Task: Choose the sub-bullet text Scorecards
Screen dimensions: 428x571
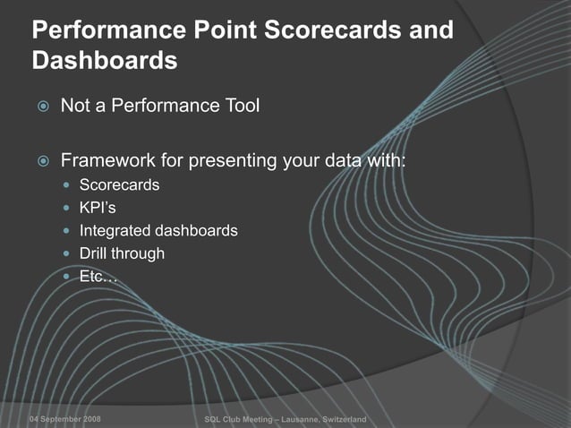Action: coord(119,185)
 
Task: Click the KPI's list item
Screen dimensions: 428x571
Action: coord(98,208)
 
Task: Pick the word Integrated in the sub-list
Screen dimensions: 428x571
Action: coord(114,231)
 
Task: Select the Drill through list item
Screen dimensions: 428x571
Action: coord(122,253)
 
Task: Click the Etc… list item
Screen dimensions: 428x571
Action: coord(98,277)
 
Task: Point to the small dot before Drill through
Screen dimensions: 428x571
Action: coord(68,254)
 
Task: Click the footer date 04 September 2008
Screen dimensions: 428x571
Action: coord(64,420)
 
